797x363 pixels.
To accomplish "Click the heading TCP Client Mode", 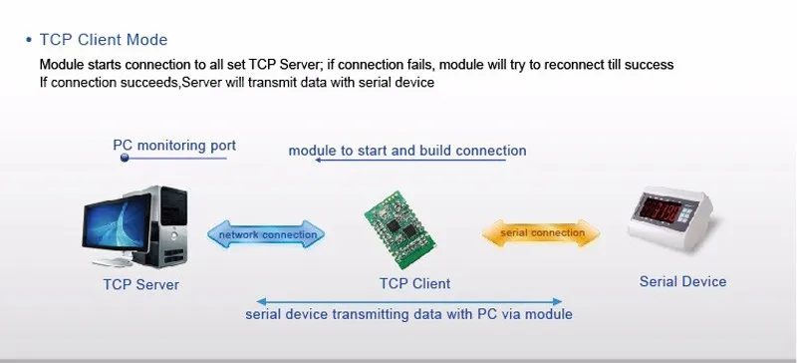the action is pos(104,40).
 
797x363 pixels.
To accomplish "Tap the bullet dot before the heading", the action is pos(29,40).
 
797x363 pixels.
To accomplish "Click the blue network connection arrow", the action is pos(266,234).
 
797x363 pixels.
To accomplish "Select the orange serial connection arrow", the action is pos(541,233).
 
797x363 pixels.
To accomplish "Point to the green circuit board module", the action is pos(400,230).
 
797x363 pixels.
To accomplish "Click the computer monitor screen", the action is pos(117,222).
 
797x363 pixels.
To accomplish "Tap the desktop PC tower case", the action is pos(162,225).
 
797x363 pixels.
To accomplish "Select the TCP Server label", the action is pos(141,284).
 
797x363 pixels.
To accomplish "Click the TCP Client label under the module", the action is pos(414,283).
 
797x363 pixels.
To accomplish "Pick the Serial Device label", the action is pos(682,281).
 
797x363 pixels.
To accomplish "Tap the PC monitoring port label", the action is pos(174,146).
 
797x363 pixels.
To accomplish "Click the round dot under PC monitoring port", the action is pos(125,158).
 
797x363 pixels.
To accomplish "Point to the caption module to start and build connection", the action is pos(407,151).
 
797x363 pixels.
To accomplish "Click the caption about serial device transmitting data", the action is pos(408,314).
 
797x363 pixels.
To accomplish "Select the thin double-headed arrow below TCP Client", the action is pos(409,301).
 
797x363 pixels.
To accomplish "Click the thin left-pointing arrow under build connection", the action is pos(410,160).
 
